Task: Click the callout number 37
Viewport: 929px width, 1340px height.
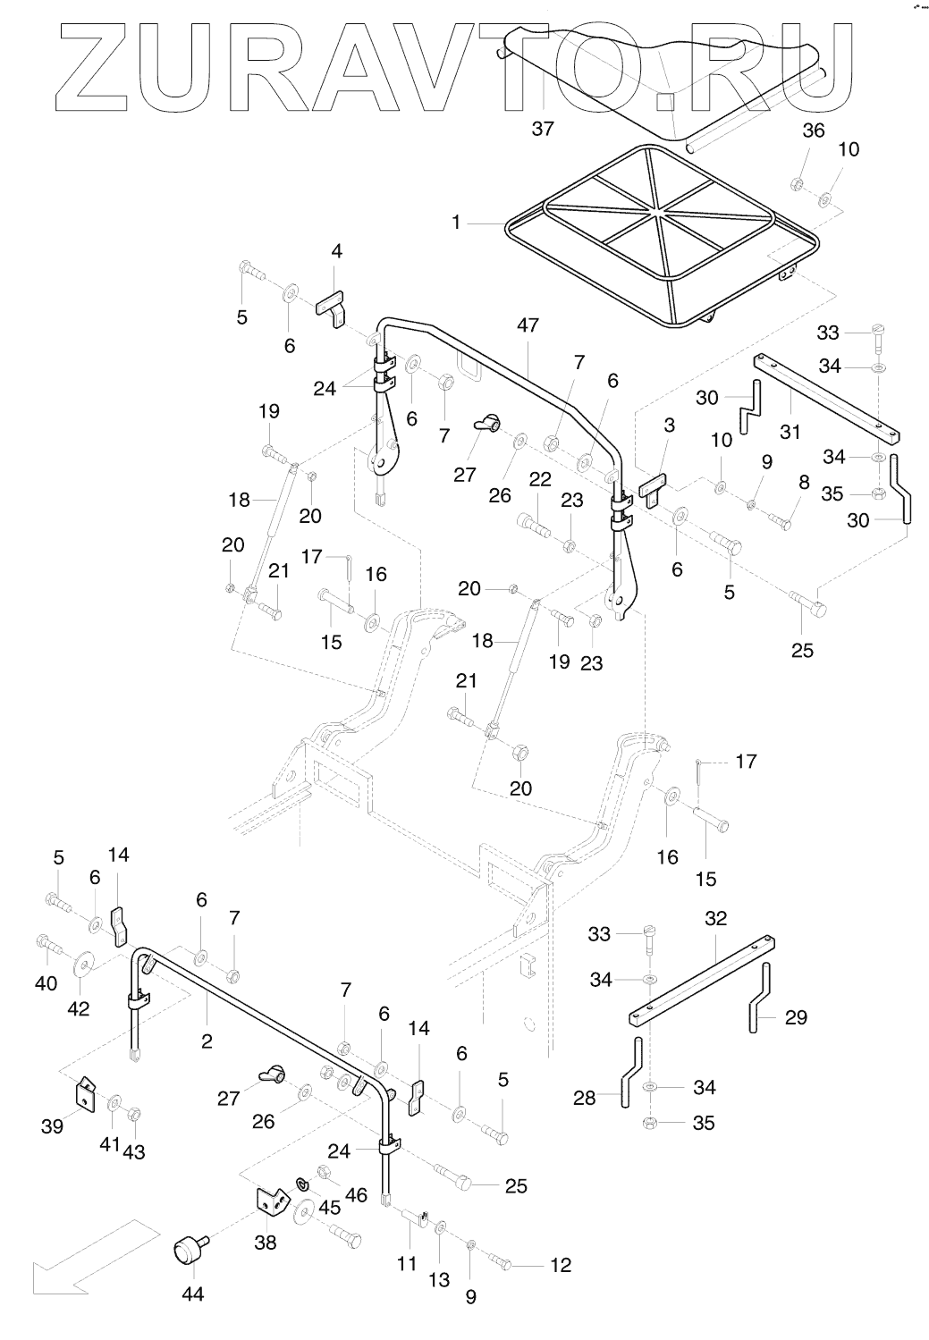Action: [x=543, y=129]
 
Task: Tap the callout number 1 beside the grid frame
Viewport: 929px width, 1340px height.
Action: [x=456, y=221]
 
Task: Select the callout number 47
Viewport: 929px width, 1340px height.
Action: [x=528, y=325]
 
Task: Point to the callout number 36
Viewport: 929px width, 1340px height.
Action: [x=813, y=130]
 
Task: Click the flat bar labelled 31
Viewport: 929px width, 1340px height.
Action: [x=827, y=398]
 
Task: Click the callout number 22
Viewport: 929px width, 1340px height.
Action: [x=539, y=479]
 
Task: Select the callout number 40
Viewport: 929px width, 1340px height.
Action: [x=46, y=983]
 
